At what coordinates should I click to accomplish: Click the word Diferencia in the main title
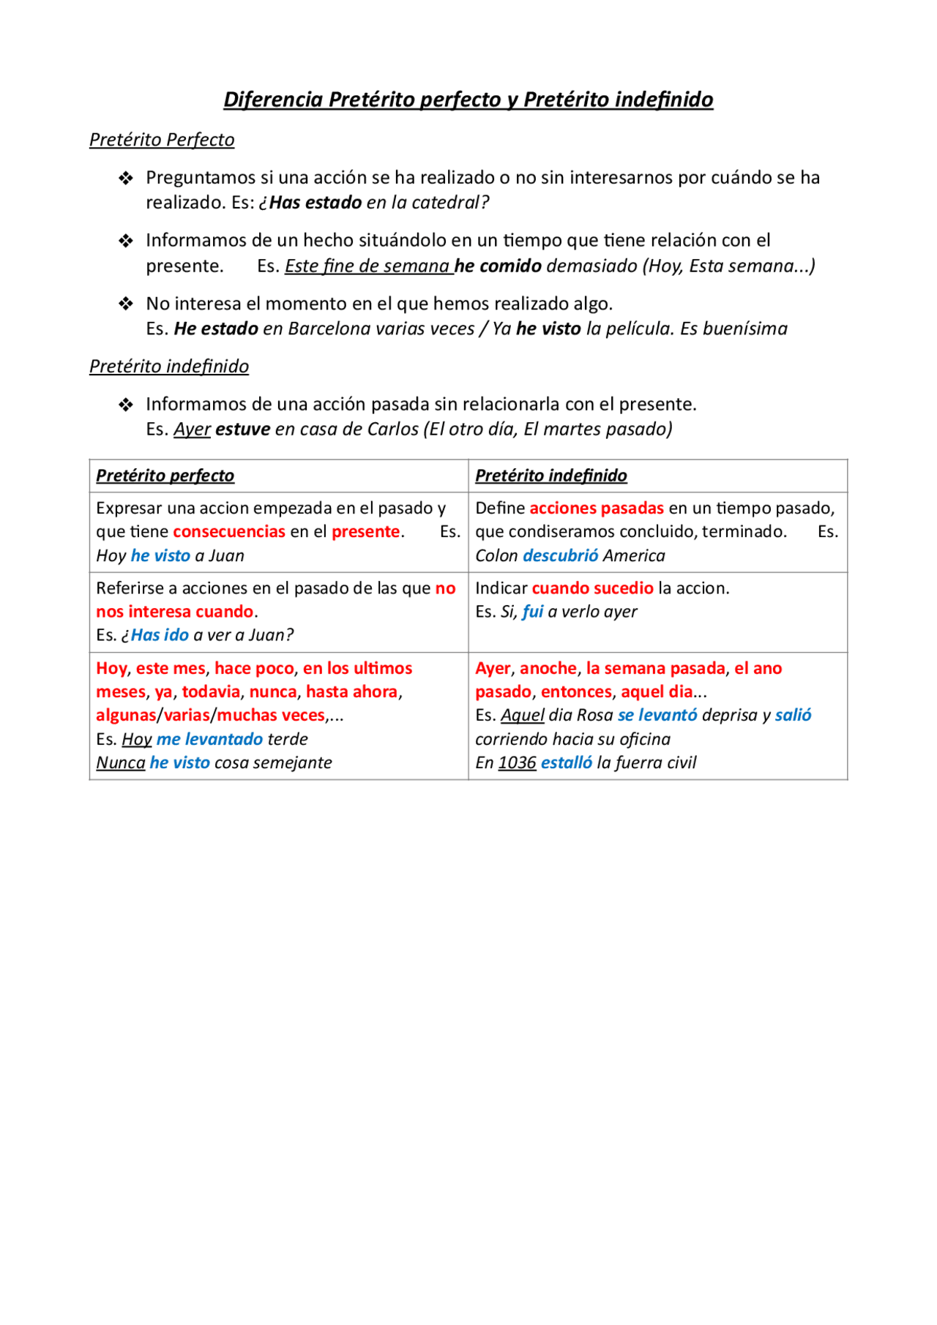click(272, 100)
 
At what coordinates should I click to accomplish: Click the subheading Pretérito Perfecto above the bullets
click(162, 140)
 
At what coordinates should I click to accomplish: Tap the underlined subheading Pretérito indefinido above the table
click(169, 366)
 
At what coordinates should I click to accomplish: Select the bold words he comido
click(498, 266)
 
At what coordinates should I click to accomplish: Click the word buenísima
click(744, 329)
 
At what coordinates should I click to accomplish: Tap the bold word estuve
click(242, 429)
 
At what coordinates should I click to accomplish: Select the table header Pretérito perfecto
click(165, 476)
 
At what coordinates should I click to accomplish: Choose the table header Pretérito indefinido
click(550, 476)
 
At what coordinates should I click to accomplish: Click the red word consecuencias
click(228, 532)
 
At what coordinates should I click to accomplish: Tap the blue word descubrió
click(560, 556)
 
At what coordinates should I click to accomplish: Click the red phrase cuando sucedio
click(592, 588)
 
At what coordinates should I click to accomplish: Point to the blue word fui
click(532, 612)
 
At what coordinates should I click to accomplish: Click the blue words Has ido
click(160, 635)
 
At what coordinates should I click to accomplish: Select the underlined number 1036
click(517, 762)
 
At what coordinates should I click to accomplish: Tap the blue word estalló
click(566, 762)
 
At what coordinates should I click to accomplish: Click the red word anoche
click(548, 668)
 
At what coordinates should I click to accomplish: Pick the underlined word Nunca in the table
click(121, 762)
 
